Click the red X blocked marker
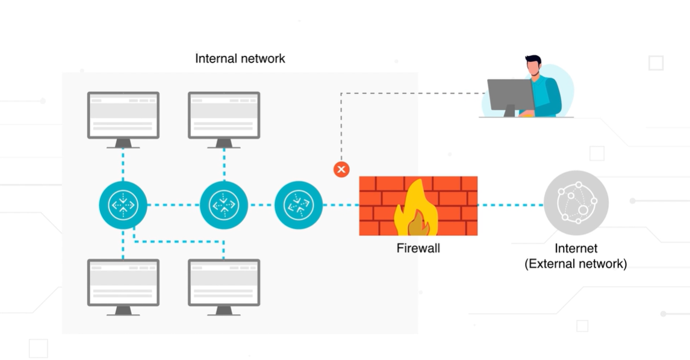tap(341, 169)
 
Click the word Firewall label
tap(418, 248)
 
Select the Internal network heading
tap(240, 59)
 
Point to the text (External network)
tap(576, 264)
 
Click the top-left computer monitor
tap(123, 116)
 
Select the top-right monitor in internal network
tap(224, 116)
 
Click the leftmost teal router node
tap(123, 205)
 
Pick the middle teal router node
tap(224, 205)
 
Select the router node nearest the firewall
tap(298, 205)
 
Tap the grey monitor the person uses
tap(510, 95)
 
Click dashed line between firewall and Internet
tap(510, 205)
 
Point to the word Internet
tap(576, 248)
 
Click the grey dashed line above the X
tap(341, 126)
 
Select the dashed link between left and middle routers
tap(173, 205)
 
